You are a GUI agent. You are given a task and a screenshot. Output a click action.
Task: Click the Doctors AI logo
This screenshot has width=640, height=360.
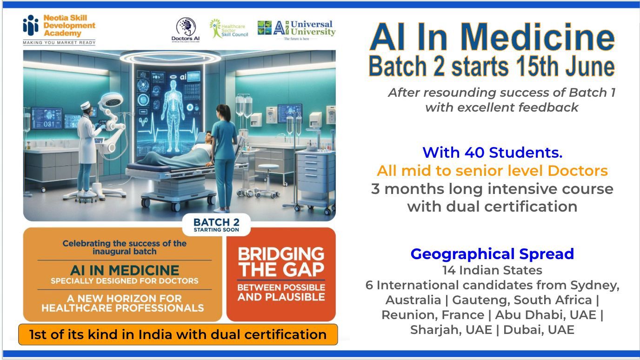click(186, 30)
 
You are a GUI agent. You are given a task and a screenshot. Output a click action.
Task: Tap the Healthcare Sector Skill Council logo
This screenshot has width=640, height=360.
click(229, 28)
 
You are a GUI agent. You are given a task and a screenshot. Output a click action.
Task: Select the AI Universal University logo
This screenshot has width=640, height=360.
click(296, 30)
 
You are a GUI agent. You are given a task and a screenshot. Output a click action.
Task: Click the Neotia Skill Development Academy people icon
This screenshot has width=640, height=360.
click(31, 25)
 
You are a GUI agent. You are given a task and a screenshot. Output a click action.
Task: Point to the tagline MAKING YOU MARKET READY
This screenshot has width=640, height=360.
click(59, 43)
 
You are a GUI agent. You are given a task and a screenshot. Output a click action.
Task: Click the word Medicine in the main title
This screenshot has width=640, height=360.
click(538, 37)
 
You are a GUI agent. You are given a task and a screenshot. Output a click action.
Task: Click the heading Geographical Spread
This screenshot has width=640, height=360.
click(492, 253)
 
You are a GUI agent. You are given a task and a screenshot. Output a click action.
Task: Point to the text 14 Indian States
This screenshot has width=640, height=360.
click(492, 270)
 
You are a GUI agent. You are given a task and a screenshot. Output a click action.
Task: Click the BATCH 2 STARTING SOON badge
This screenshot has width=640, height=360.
click(216, 225)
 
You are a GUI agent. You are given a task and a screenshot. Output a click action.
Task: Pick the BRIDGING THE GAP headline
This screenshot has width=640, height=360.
click(281, 262)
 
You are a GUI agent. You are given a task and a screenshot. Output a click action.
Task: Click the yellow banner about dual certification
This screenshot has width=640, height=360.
click(178, 334)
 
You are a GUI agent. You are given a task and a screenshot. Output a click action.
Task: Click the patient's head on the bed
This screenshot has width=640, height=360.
click(208, 137)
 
